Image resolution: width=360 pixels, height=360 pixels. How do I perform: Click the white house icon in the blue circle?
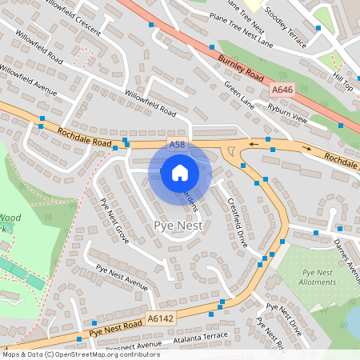[180, 172]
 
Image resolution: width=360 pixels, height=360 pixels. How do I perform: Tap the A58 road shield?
[178, 144]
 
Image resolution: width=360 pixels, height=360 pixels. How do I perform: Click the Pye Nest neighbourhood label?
[178, 226]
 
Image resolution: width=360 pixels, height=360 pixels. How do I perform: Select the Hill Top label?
[342, 82]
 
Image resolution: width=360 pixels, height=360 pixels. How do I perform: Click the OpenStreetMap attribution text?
[80, 354]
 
